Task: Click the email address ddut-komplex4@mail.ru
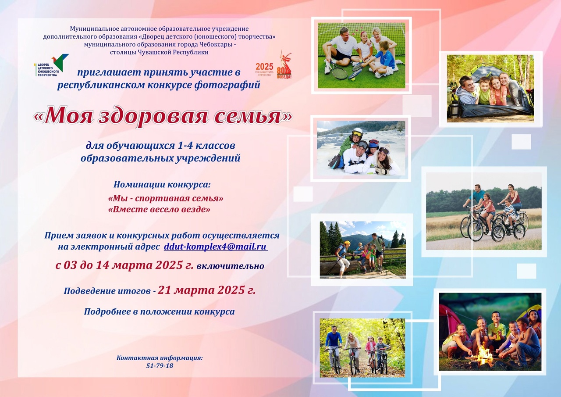click(x=216, y=247)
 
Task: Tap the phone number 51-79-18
click(x=160, y=366)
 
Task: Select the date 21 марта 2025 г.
click(x=206, y=290)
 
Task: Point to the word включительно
click(x=230, y=266)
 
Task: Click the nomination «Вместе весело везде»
click(x=159, y=209)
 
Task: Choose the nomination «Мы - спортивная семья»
click(x=166, y=198)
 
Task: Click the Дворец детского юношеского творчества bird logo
click(x=51, y=65)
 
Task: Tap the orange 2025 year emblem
click(x=264, y=69)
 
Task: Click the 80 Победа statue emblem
click(x=284, y=64)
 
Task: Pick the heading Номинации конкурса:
click(x=162, y=185)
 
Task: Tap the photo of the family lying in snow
click(x=361, y=148)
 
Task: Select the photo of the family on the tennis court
click(x=362, y=55)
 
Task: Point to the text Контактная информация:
click(x=160, y=358)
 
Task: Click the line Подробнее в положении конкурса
click(x=159, y=311)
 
